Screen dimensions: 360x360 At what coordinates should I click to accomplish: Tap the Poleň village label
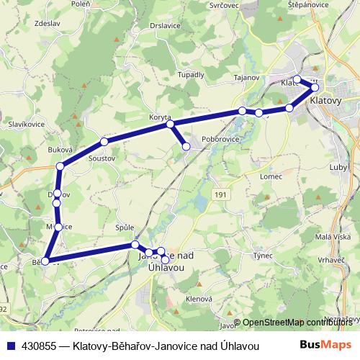[x=81, y=4]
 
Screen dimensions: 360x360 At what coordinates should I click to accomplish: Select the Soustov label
[x=101, y=157]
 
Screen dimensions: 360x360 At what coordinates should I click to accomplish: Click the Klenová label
[x=198, y=297]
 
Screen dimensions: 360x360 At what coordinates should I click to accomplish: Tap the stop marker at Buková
[x=60, y=166]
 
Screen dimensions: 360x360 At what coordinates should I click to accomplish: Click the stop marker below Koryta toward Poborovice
[x=186, y=147]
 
